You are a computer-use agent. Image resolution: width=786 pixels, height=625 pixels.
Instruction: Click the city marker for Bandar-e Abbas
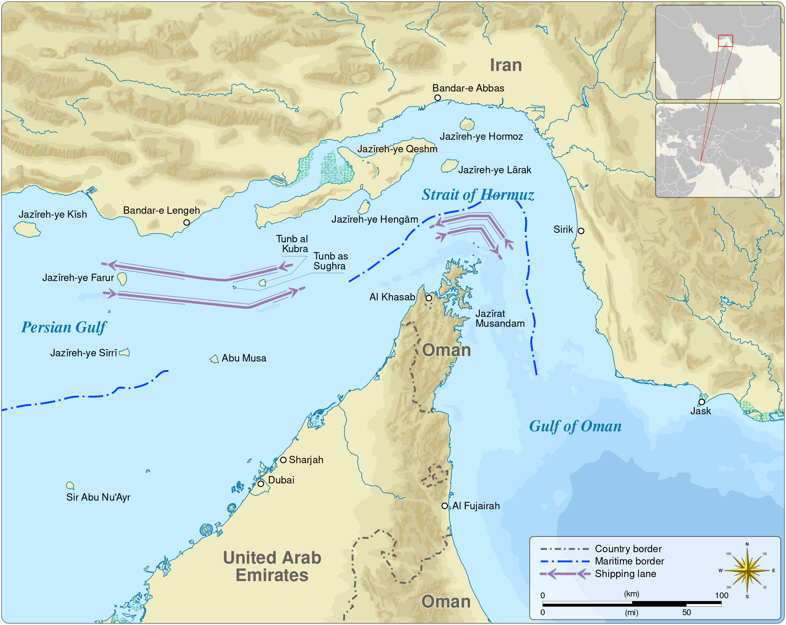click(x=438, y=98)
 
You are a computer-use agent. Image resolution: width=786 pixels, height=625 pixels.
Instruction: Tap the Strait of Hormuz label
click(x=477, y=195)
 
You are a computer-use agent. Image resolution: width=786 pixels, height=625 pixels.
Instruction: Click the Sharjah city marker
click(x=283, y=460)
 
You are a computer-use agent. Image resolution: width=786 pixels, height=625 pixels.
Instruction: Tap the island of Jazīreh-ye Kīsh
click(x=27, y=229)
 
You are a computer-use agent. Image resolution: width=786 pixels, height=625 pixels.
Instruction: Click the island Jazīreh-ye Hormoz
click(x=467, y=124)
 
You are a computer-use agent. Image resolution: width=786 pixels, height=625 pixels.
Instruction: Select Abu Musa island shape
click(x=214, y=359)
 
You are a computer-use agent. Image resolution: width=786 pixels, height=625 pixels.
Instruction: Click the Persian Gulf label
click(x=64, y=327)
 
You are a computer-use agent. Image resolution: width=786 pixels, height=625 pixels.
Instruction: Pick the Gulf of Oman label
click(x=575, y=426)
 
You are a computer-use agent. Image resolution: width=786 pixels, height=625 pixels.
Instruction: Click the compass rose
click(x=747, y=570)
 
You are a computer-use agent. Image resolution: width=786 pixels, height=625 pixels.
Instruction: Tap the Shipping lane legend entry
click(x=625, y=574)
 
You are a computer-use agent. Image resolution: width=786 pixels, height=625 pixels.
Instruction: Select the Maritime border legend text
click(x=629, y=561)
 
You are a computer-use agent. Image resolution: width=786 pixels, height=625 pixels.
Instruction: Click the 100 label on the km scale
click(x=722, y=596)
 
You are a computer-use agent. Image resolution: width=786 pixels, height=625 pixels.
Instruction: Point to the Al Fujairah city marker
click(x=444, y=506)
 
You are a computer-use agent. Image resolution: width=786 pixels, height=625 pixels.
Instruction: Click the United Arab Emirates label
click(x=272, y=566)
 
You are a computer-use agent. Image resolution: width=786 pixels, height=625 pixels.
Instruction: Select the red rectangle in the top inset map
click(x=726, y=41)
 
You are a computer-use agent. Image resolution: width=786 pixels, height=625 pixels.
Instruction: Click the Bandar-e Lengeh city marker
click(x=186, y=222)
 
